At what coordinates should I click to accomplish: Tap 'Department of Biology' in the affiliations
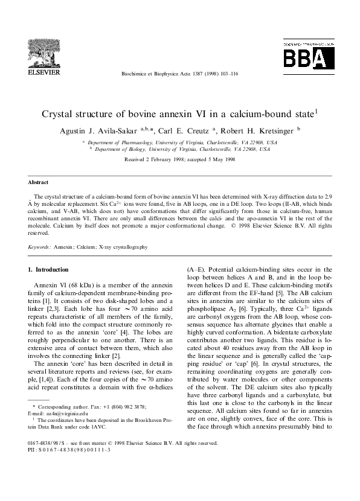tap(119, 150)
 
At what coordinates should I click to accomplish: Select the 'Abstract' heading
tap(38, 181)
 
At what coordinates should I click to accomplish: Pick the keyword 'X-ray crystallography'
tap(123, 246)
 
